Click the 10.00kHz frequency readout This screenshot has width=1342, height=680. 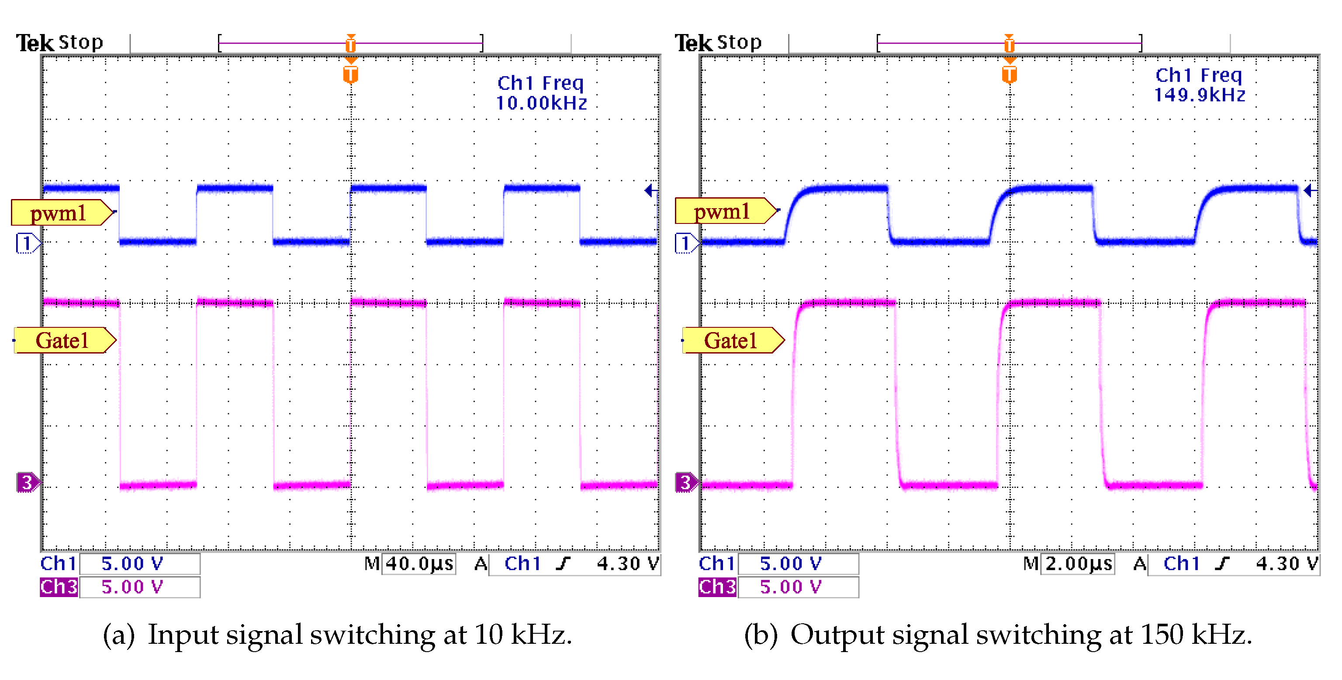541,103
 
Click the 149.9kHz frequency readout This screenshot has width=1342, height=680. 1199,95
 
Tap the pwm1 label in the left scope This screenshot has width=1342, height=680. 59,213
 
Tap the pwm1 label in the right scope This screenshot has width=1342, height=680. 722,211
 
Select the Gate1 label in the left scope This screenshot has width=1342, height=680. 62,340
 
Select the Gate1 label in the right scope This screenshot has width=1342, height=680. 730,340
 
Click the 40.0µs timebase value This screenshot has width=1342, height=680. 419,564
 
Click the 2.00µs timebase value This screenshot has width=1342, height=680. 1079,564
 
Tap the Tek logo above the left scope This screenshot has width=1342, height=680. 35,43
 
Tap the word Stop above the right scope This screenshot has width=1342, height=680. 739,42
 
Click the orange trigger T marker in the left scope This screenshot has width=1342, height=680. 351,75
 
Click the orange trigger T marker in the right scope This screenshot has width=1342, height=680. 1009,75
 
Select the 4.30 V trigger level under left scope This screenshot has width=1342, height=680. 628,564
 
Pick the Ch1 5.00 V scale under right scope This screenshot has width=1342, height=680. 790,564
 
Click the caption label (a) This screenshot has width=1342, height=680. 119,635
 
